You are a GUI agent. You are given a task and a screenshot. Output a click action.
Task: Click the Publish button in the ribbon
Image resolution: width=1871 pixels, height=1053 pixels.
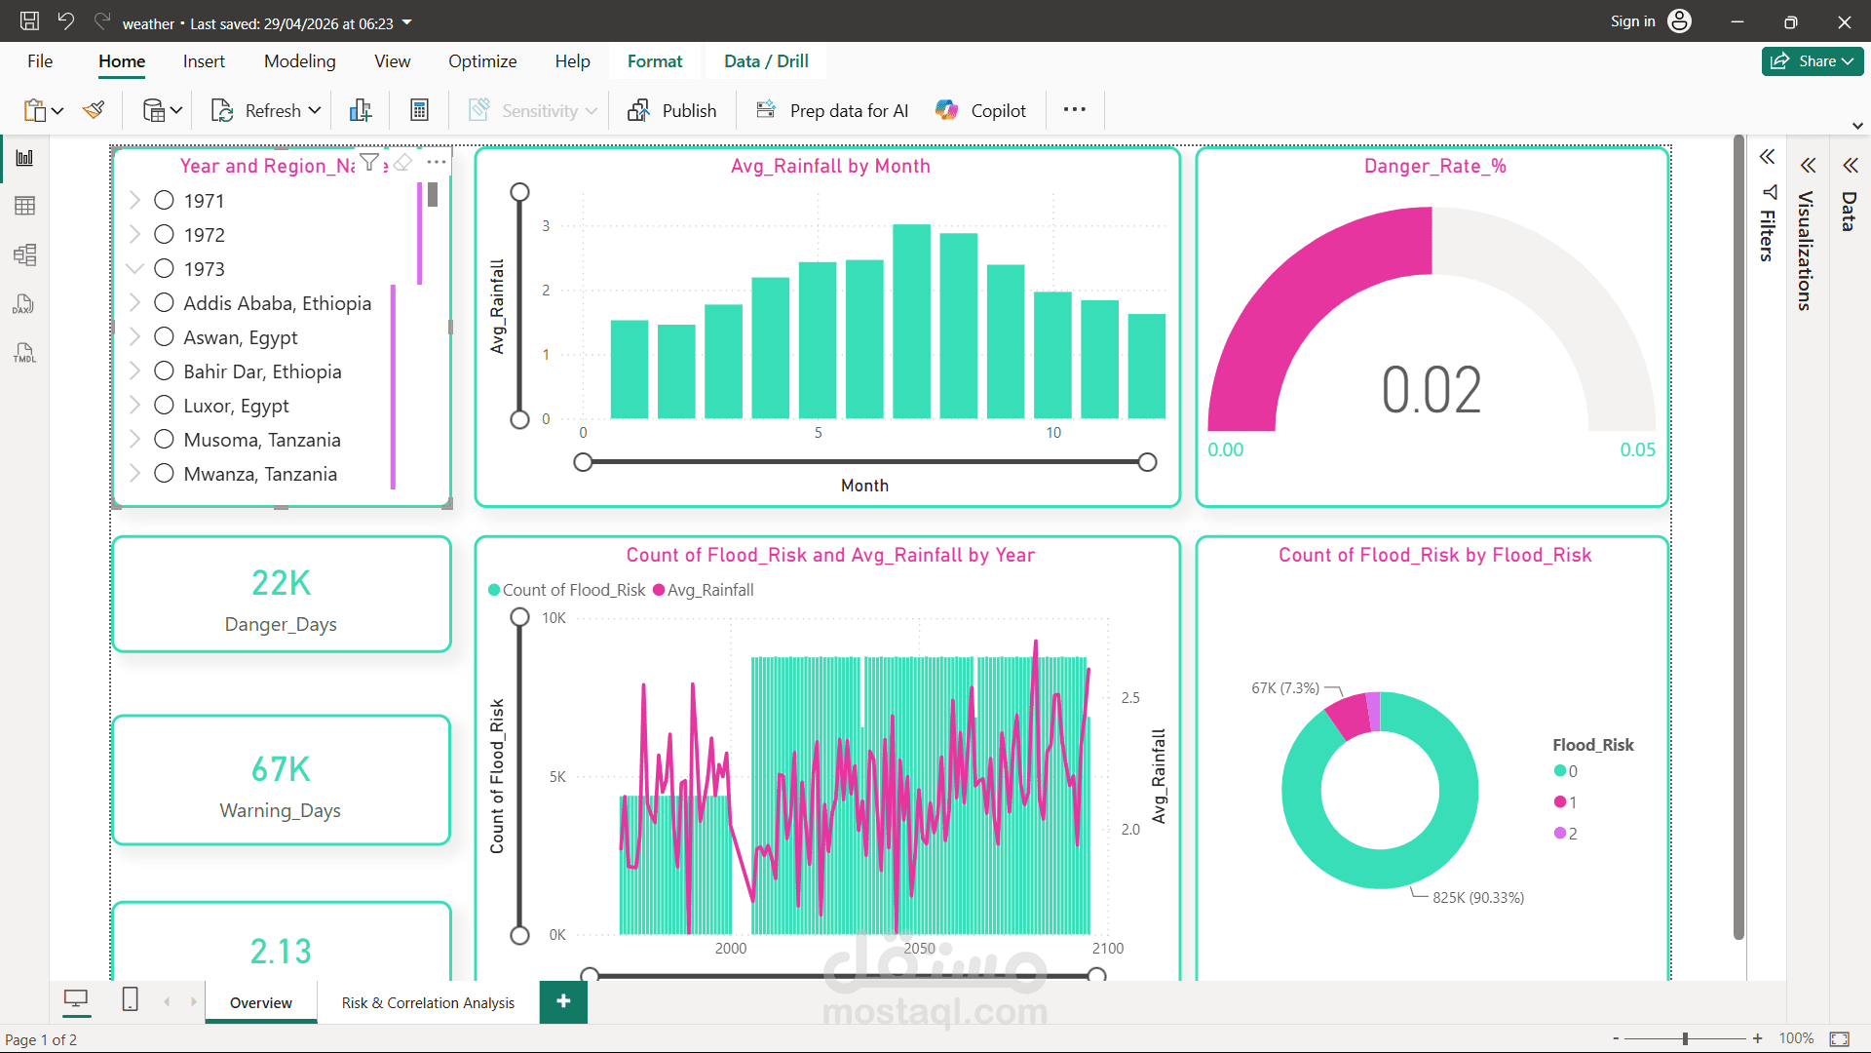672,110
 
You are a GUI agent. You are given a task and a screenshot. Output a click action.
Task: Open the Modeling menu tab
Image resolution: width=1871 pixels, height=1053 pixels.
299,61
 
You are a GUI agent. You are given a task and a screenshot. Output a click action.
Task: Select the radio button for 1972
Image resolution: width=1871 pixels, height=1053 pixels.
164,235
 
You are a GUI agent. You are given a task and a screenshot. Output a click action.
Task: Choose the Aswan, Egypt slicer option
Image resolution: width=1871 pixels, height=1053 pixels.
241,337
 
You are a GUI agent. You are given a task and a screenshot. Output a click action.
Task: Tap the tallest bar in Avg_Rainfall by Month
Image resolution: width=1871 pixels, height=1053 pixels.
912,321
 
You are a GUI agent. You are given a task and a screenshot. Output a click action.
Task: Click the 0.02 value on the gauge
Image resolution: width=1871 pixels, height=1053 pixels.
1432,390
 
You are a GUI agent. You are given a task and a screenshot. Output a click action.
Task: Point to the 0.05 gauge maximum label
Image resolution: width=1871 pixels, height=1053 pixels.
1637,449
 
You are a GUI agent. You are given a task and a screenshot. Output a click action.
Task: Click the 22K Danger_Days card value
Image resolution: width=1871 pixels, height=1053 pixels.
281,583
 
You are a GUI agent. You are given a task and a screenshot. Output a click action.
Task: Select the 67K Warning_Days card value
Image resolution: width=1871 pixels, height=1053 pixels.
281,769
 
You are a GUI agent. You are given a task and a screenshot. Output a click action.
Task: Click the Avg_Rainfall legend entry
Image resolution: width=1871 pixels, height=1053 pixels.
704,590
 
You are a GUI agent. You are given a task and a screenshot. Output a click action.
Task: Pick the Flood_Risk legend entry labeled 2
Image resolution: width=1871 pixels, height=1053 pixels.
1566,834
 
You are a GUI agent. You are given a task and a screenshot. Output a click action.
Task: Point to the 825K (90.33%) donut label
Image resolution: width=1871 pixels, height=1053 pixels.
1478,898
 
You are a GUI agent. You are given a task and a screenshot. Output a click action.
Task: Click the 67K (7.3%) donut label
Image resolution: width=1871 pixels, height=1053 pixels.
1285,688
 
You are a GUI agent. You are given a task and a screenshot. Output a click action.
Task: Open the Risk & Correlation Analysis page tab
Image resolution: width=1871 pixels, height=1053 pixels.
428,1003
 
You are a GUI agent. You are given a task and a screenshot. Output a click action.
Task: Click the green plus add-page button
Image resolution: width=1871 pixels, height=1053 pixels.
563,1001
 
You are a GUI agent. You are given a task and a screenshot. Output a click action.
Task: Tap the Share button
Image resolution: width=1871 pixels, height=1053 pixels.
1813,61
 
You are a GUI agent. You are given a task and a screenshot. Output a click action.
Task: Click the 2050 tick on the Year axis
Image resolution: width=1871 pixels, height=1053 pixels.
919,949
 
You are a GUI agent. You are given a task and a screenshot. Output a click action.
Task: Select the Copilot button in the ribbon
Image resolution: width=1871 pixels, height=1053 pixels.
980,110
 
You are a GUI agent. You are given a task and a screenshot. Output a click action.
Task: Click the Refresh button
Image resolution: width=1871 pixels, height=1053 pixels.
265,110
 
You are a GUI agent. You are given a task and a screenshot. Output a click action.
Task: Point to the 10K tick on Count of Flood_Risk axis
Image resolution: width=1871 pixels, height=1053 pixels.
554,618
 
